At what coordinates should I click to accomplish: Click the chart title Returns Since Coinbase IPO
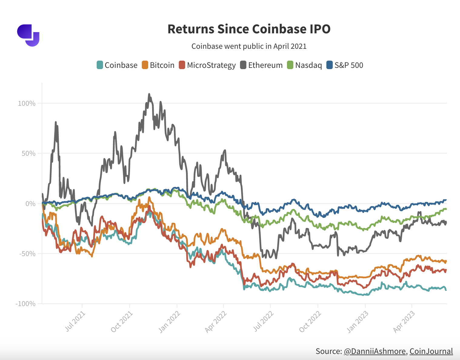(249, 29)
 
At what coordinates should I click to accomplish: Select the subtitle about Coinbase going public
(249, 46)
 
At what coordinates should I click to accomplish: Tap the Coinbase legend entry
(117, 65)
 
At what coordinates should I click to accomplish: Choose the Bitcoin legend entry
(158, 65)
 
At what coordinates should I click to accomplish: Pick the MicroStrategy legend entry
(207, 65)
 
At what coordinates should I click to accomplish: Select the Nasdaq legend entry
(305, 65)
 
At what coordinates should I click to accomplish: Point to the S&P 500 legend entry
(345, 65)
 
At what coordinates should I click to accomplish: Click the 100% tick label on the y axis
(27, 103)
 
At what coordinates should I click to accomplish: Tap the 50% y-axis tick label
(28, 153)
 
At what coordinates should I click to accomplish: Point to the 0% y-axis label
(30, 203)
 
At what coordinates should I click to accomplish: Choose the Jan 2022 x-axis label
(170, 321)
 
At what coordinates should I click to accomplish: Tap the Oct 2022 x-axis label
(310, 321)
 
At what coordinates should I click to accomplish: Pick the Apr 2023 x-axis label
(405, 321)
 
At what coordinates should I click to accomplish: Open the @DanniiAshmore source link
(375, 351)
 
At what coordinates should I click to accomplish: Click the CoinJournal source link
(431, 351)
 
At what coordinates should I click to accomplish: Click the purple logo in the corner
(28, 35)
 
